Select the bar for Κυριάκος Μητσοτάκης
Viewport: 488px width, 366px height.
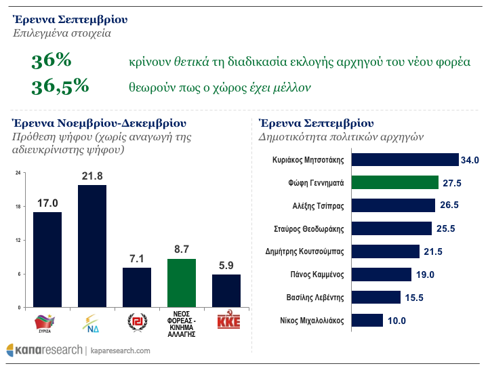pyautogui.click(x=405, y=160)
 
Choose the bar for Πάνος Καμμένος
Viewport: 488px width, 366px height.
pyautogui.click(x=382, y=274)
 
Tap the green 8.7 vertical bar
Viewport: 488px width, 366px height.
pyautogui.click(x=181, y=283)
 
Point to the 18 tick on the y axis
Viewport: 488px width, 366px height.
pyautogui.click(x=18, y=207)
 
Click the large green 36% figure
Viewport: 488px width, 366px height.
pyautogui.click(x=52, y=61)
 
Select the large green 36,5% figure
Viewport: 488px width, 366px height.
pyautogui.click(x=60, y=87)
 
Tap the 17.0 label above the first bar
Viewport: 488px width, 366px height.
pyautogui.click(x=47, y=203)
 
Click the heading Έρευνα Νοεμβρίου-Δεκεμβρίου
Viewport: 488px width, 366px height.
pyautogui.click(x=99, y=123)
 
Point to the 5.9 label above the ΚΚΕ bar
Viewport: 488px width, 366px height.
pyautogui.click(x=226, y=266)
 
